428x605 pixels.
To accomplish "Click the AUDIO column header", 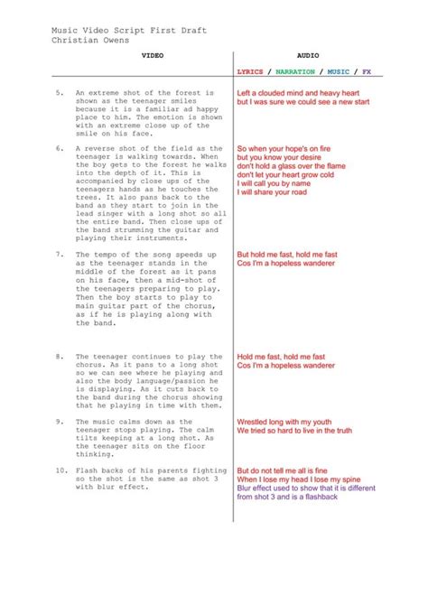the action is (309, 55).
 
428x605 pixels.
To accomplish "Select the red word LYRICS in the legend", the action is (250, 71).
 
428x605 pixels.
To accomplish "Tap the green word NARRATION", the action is (295, 71).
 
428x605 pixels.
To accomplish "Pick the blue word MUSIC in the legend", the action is (339, 71).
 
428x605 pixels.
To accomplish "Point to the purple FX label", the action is (367, 71).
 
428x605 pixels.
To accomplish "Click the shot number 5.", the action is (60, 92).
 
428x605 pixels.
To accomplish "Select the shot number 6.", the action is (60, 148).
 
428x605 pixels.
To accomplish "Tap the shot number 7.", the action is (60, 255).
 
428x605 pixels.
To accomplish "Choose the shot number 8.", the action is (60, 357).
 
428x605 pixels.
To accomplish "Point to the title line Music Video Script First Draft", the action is (129, 30).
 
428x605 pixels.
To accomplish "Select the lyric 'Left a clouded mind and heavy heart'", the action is (304, 92).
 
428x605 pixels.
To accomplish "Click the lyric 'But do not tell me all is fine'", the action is (294, 470).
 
